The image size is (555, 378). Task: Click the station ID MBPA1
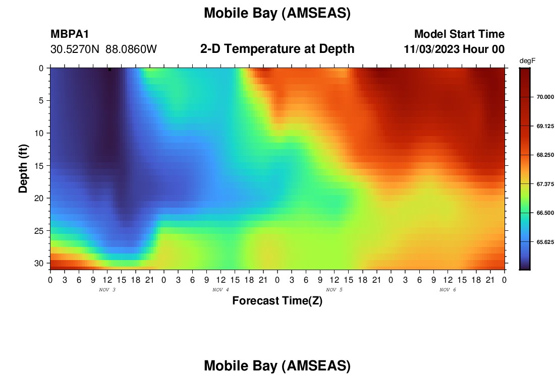coord(70,34)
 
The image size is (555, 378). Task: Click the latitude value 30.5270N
coord(75,49)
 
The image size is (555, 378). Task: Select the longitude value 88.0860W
coord(131,49)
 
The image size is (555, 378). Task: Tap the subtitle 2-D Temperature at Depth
coord(277,49)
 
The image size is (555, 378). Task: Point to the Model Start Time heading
coord(459,34)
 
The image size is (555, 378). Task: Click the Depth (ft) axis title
coord(23,168)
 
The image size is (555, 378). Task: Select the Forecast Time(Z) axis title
coord(277,300)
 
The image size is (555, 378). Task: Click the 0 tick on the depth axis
coord(41,68)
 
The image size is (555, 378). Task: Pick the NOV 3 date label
coord(107,290)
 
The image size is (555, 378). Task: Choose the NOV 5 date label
coord(334,290)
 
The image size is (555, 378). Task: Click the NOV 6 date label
coord(448,290)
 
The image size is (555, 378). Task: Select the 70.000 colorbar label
coord(545,97)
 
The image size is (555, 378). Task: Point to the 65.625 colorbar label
coord(545,242)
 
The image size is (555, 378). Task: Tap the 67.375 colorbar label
coord(545,184)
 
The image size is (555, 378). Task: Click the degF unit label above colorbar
coord(527,61)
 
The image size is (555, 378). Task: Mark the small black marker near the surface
coord(109,70)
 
